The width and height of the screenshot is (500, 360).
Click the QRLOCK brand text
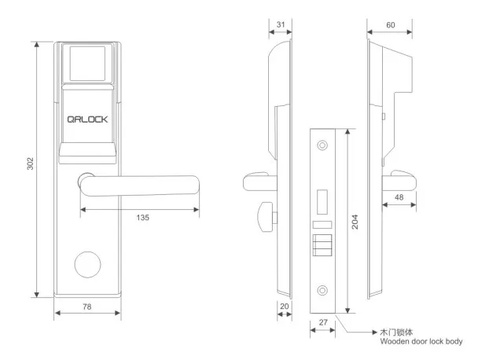(x=86, y=121)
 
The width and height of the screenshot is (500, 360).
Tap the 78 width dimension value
(x=86, y=307)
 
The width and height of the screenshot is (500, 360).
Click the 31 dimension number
(x=281, y=25)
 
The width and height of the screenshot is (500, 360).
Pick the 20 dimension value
(x=285, y=307)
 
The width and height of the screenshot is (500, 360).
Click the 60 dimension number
(x=391, y=25)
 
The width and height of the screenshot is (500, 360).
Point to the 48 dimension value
(x=401, y=197)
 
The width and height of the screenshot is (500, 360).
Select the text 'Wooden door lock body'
(x=421, y=343)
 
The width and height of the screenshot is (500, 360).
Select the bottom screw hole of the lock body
(x=322, y=288)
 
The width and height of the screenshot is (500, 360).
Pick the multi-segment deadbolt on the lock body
(x=322, y=245)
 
